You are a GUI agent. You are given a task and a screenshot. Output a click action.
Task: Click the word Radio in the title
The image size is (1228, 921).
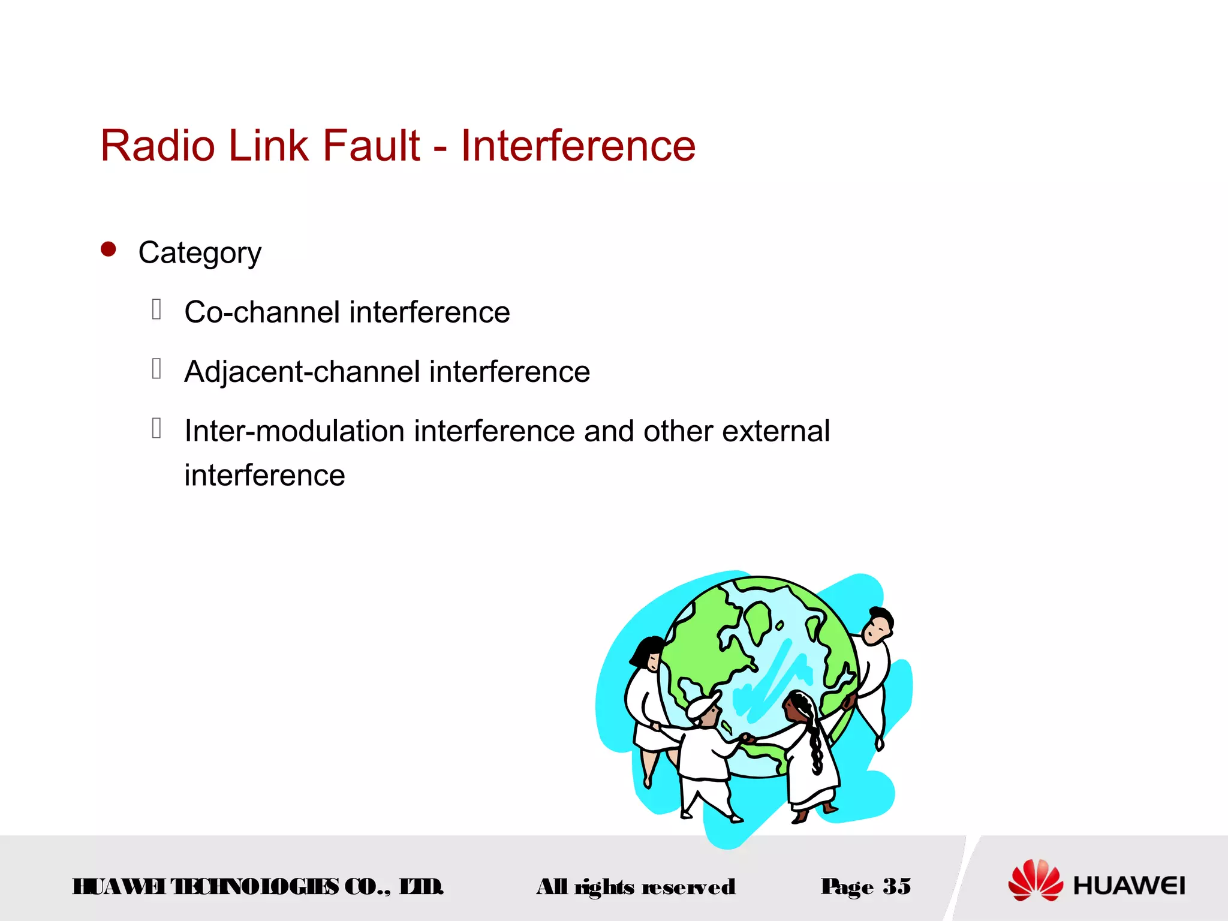[x=158, y=146]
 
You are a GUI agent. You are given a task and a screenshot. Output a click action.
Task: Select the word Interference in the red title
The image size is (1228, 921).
[x=577, y=146]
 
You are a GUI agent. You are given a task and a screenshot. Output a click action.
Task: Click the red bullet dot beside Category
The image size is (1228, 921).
[x=109, y=249]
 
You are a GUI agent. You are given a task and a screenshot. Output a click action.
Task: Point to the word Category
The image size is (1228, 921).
[x=200, y=253]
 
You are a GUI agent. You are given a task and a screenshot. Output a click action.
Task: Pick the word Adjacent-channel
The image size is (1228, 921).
[x=302, y=372]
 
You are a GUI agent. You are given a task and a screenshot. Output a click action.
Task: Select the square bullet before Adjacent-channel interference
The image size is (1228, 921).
[x=156, y=369]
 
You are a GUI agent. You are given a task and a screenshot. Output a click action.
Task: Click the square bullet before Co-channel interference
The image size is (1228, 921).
[x=156, y=309]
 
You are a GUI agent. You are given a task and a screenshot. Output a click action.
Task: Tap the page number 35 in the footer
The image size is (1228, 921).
[x=896, y=886]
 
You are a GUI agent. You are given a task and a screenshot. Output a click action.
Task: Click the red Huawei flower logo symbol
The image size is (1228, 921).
[x=1035, y=880]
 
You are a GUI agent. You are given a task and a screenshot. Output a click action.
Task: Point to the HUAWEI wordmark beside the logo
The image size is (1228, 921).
[x=1128, y=886]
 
